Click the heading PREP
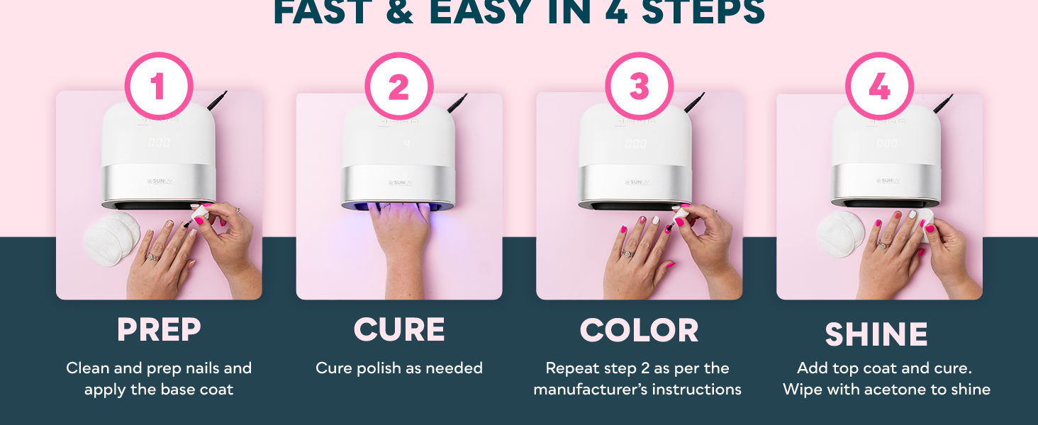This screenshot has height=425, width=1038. [x=159, y=330]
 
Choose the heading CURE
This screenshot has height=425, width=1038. [x=399, y=330]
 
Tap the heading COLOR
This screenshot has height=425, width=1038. [x=639, y=330]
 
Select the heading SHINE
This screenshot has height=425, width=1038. [x=876, y=334]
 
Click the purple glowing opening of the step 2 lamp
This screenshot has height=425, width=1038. [x=398, y=206]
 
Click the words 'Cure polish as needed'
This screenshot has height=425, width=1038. [x=399, y=368]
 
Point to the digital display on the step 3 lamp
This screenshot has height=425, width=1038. [x=635, y=144]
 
